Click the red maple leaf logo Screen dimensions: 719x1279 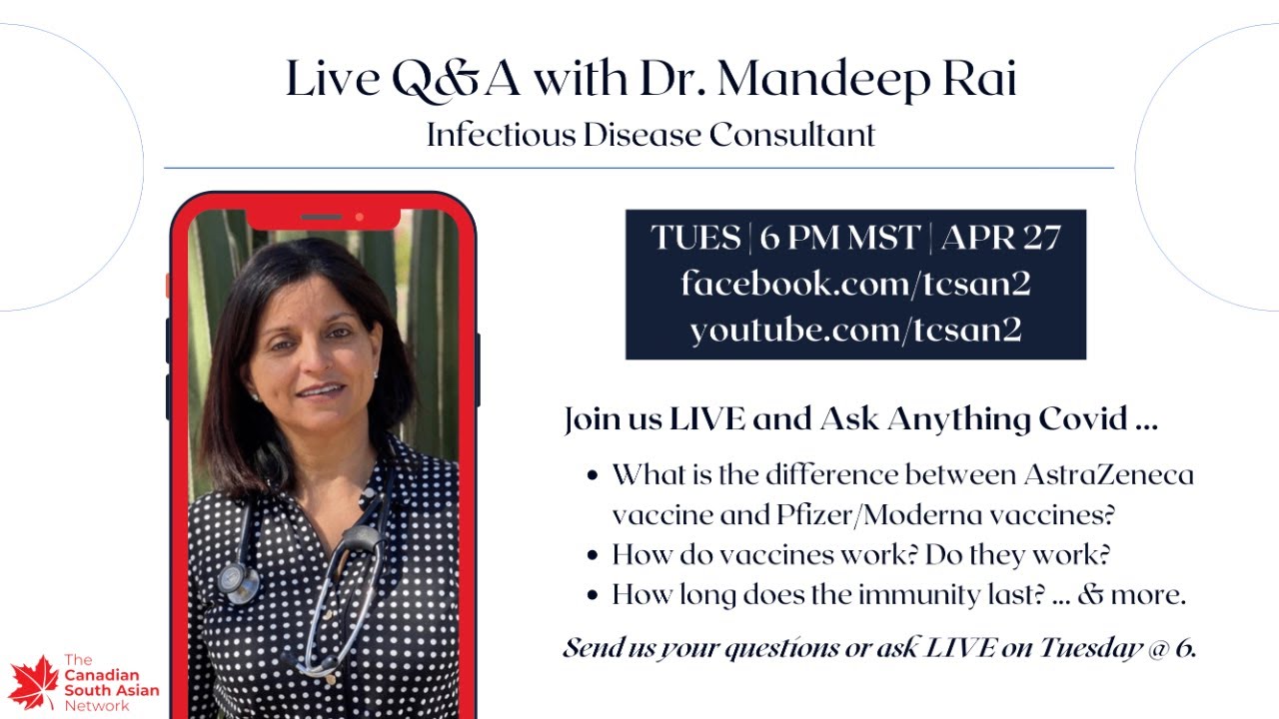pos(33,682)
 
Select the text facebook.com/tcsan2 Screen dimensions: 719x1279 pos(855,285)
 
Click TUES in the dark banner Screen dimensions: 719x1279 pos(695,239)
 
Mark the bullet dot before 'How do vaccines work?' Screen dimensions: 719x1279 pos(594,555)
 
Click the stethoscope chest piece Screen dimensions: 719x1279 pos(236,580)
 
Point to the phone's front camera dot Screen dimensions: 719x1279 pos(359,217)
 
